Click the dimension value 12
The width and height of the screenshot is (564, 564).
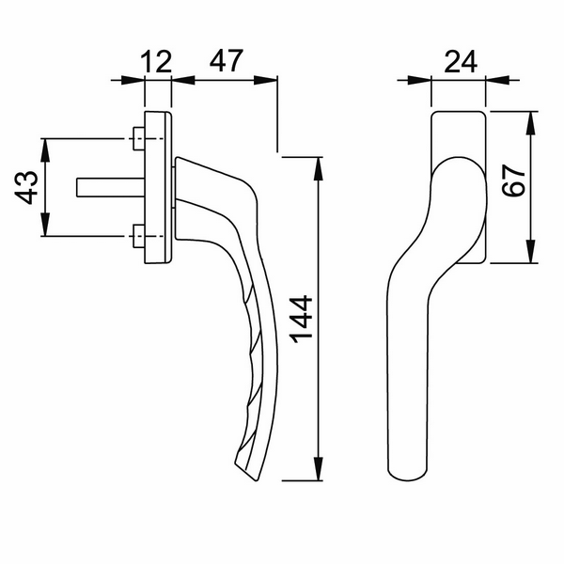158,62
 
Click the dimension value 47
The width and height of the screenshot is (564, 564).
225,62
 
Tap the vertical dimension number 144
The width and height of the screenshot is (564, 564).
301,320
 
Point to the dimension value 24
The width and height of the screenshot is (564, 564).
459,62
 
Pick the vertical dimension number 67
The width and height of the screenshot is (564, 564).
513,179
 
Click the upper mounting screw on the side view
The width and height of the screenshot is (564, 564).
140,140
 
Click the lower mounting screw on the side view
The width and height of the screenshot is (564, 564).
140,236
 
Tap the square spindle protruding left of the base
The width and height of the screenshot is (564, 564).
104,188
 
